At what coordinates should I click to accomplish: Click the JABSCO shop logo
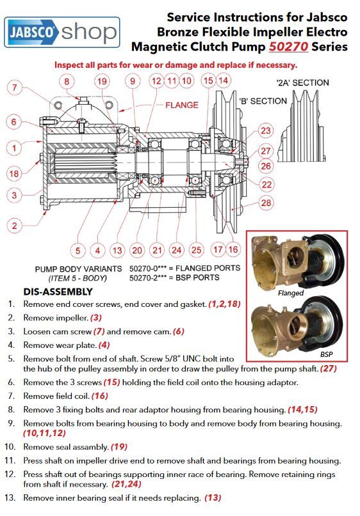(61, 32)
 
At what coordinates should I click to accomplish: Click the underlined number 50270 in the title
(288, 47)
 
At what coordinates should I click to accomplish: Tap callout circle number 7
(15, 88)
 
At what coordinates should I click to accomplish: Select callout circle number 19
(102, 81)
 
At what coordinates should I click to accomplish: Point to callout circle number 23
(266, 130)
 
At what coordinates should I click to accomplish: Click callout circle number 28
(266, 203)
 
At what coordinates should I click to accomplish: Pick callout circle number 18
(14, 173)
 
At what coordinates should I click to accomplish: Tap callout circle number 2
(15, 226)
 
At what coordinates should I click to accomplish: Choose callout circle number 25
(196, 250)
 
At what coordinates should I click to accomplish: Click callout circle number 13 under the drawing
(117, 251)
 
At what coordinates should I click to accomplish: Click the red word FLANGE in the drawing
(182, 106)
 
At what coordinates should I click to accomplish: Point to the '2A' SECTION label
(302, 82)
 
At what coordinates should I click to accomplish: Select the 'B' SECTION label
(263, 101)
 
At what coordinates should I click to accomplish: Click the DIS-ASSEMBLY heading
(58, 292)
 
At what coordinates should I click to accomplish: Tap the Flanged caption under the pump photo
(290, 293)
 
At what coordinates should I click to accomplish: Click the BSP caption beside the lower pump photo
(327, 354)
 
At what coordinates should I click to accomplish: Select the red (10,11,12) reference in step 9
(44, 433)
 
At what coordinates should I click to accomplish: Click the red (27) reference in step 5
(329, 368)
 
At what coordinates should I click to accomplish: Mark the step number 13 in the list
(10, 497)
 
